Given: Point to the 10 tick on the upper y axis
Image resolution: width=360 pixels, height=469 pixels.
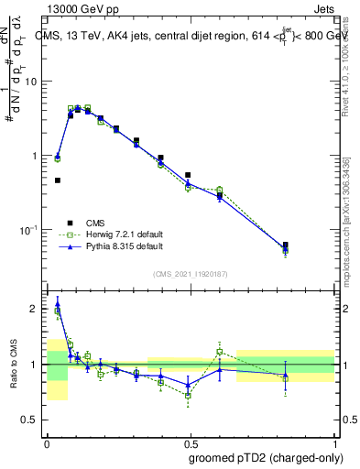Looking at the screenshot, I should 31,82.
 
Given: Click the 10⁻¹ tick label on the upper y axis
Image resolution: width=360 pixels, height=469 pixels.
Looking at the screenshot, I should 28,229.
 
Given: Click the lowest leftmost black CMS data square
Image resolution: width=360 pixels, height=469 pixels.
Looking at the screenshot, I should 57,180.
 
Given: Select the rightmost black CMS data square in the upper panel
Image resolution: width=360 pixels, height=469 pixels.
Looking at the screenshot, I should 285,245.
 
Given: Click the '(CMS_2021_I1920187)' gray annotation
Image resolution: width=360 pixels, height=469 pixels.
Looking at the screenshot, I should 189,273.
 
